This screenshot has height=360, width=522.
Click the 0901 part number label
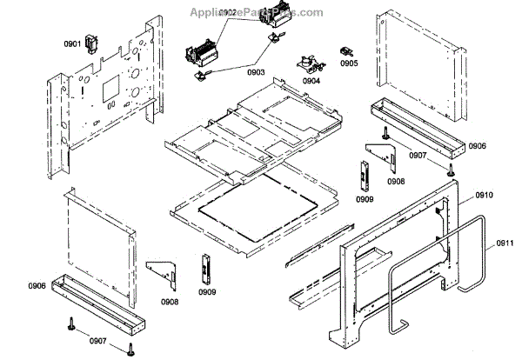[x=72, y=43]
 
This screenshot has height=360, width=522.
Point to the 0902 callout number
[x=228, y=13]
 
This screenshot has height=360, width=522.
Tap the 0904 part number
[x=311, y=80]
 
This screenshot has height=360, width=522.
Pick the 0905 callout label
[x=349, y=63]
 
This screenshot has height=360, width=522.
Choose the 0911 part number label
[x=505, y=244]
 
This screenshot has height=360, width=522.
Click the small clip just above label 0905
[x=346, y=50]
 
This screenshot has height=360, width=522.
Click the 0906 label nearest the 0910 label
[x=477, y=146]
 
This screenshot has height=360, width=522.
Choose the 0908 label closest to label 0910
[x=395, y=181]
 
